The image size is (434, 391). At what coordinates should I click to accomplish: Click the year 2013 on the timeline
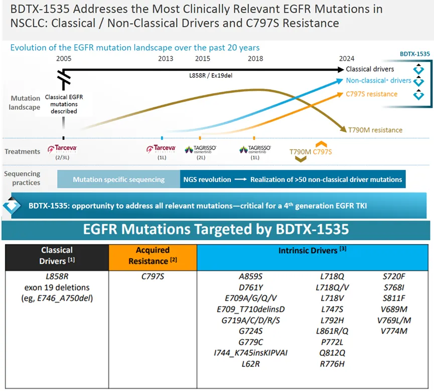pyautogui.click(x=166, y=59)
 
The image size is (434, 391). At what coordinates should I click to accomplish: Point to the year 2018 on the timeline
pyautogui.click(x=255, y=59)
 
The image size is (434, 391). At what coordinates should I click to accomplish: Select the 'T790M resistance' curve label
pyautogui.click(x=375, y=130)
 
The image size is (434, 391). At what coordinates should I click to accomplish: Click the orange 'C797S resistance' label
pyautogui.click(x=372, y=94)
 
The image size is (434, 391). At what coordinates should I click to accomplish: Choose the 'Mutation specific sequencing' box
pyautogui.click(x=118, y=179)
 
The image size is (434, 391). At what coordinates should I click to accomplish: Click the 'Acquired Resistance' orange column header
pyautogui.click(x=153, y=255)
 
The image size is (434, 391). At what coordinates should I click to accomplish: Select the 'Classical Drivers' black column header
pyautogui.click(x=57, y=255)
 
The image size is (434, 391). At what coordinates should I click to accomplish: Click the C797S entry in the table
pyautogui.click(x=153, y=277)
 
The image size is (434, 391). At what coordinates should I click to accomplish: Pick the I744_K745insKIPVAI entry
pyautogui.click(x=251, y=353)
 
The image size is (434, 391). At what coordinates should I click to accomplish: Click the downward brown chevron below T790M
pyautogui.click(x=301, y=159)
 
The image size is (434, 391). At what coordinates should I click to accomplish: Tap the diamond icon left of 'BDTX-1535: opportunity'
pyautogui.click(x=12, y=206)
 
